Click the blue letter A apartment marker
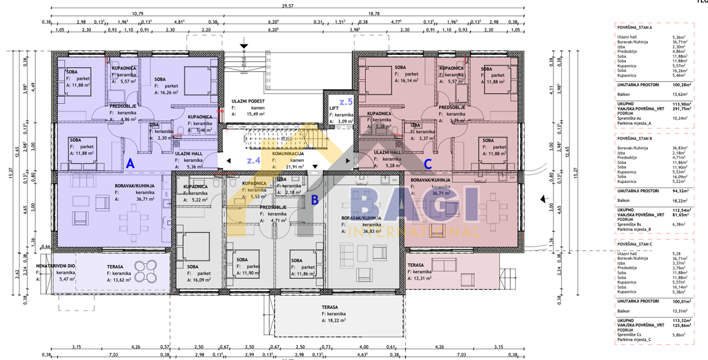130,163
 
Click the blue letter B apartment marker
314,200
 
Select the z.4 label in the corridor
254,160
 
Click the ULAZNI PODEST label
248,102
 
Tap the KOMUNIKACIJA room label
288,153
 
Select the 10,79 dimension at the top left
137,13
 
